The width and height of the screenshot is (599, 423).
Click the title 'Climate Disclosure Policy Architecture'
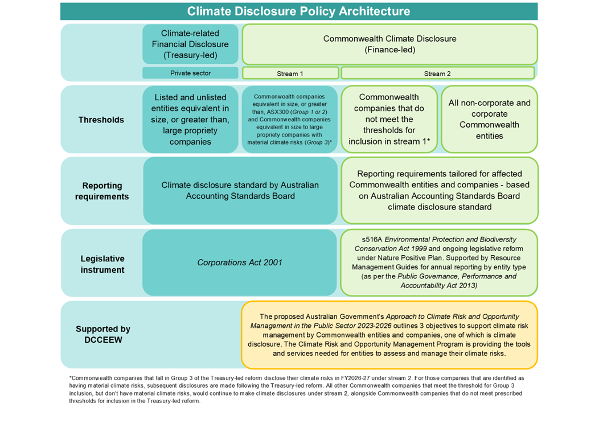(298, 11)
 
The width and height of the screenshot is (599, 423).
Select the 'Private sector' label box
(190, 73)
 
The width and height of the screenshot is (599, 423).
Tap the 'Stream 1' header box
(290, 73)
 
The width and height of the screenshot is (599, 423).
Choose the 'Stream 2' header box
(437, 73)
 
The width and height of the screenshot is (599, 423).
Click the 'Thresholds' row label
(101, 120)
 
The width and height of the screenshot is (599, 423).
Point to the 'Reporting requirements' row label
(101, 191)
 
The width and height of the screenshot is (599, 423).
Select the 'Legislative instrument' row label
(102, 264)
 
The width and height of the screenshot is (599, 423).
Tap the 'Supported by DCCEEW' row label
(102, 335)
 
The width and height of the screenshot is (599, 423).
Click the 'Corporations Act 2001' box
(240, 263)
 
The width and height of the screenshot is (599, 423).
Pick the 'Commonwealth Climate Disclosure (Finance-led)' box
(389, 44)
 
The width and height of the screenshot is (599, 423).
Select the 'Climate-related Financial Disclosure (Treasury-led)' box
(190, 44)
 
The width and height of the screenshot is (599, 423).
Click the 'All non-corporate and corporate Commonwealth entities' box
(489, 120)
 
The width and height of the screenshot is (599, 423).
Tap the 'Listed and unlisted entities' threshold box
(190, 120)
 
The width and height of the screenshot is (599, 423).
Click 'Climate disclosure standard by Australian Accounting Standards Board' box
(240, 191)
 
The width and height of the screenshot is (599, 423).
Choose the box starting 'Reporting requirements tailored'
(439, 191)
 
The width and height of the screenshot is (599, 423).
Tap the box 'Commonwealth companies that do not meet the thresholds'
(389, 120)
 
